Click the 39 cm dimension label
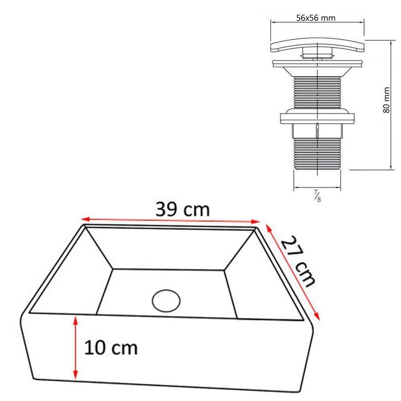[x=182, y=209]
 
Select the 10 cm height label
[x=111, y=348]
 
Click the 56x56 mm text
[x=316, y=18]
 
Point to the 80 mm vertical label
[x=386, y=100]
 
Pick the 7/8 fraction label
[x=317, y=196]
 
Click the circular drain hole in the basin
[x=166, y=301]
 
